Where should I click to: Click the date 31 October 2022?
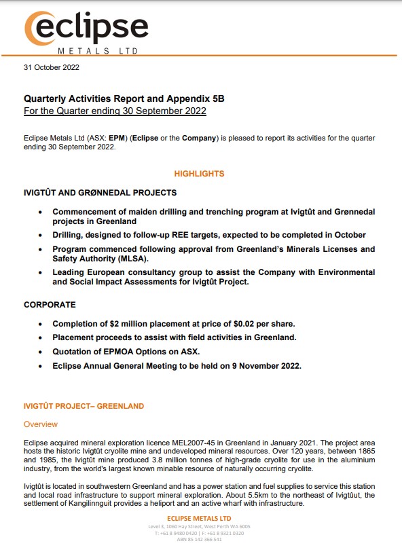coord(52,67)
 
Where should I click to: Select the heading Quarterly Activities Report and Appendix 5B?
coord(124,98)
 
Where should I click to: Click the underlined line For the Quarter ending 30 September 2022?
coord(115,111)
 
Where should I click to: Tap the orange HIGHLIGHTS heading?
coord(199,174)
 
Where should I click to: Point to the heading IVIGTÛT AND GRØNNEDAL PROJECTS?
coord(100,193)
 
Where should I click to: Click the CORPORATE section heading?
coord(50,305)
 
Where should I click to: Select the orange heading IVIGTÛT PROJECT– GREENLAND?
coord(84,406)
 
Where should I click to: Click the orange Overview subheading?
coord(41,424)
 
